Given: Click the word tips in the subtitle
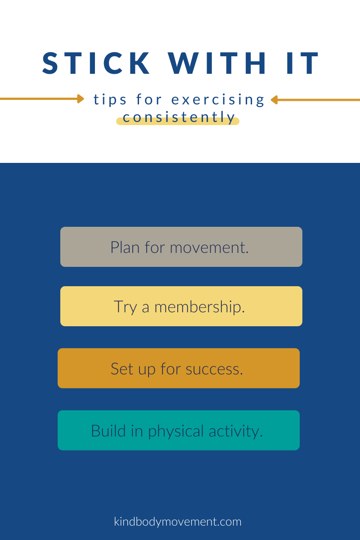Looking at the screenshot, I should pos(110,99).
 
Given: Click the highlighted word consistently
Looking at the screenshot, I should pos(179,118).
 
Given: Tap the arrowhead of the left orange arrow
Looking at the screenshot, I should pos(81,99).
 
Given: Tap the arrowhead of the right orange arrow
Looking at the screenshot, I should pos(274,99).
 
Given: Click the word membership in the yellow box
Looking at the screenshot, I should pos(199,307).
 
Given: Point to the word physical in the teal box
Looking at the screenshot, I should pos(176,431).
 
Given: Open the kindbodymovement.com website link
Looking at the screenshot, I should pos(178,522).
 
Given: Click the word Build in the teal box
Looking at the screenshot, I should pos(104,431).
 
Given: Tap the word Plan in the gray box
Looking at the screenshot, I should pos(125,247).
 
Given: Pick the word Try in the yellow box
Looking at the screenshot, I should pos(125,307).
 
